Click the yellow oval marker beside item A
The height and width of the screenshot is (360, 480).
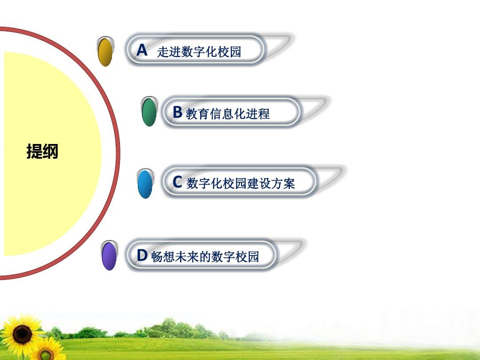(x=105, y=52)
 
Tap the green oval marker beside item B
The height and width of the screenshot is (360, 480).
(x=149, y=112)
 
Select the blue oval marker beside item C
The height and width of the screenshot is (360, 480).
(x=145, y=184)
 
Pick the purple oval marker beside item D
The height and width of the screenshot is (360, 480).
(x=109, y=256)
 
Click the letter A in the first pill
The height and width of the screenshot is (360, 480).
(x=142, y=50)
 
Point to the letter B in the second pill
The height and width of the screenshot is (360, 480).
(x=177, y=112)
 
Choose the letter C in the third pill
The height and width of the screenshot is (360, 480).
(x=177, y=182)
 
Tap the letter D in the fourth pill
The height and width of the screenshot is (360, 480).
(x=142, y=256)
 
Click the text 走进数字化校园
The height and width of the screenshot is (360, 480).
(x=199, y=52)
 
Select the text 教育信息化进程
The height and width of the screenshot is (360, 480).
(x=228, y=114)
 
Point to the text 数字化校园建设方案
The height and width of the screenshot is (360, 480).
(x=240, y=183)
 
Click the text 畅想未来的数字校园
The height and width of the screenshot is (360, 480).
(x=205, y=257)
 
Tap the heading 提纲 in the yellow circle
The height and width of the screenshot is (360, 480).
(x=42, y=152)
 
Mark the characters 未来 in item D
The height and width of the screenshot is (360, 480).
(x=186, y=257)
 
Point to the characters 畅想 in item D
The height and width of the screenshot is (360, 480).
(x=163, y=257)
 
